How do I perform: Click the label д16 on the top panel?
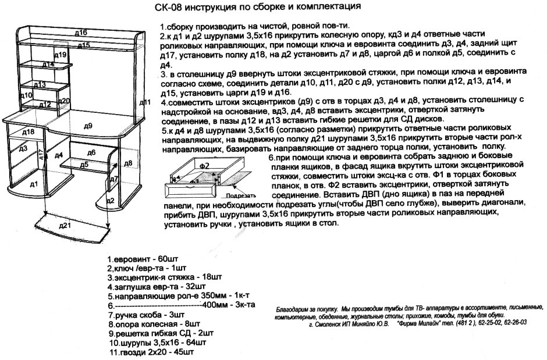point(81,33)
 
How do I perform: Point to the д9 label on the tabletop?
point(88,125)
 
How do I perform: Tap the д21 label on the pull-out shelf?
point(65,225)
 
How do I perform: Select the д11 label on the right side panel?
point(145,102)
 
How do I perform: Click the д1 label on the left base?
point(34,184)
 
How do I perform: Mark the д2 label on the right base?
point(110,201)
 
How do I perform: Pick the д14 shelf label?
point(49,64)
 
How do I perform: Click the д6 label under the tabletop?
point(91,152)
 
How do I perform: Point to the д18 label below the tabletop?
point(29,132)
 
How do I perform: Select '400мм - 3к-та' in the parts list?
point(223,305)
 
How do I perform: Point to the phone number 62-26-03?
point(513,321)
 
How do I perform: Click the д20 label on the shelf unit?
point(65,101)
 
